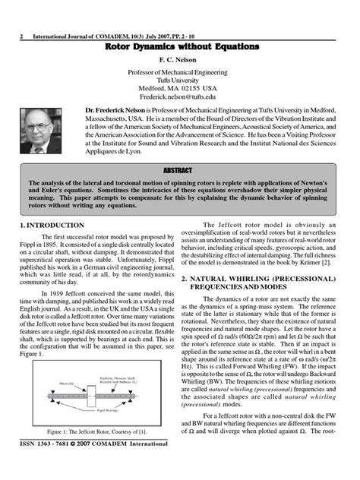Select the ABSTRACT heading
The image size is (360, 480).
(179, 170)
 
